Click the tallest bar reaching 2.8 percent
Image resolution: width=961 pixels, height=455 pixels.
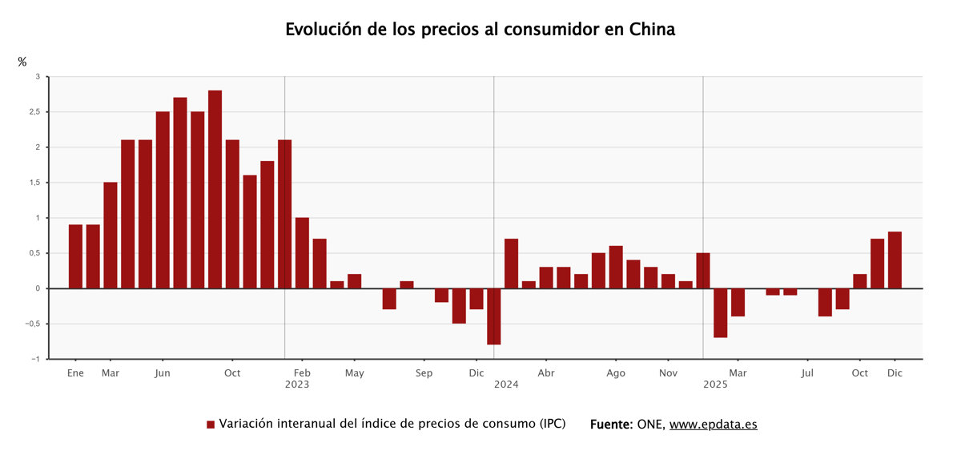(x=215, y=189)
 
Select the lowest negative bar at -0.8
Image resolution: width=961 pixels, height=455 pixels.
(x=493, y=316)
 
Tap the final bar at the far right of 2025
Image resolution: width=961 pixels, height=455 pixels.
(x=895, y=260)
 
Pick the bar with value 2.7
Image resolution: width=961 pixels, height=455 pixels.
(x=180, y=192)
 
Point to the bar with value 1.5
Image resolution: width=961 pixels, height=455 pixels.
(x=111, y=235)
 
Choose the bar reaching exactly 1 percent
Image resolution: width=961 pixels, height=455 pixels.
(x=302, y=252)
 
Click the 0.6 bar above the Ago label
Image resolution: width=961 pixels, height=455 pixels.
(x=616, y=267)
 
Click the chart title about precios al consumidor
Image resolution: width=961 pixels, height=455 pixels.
(x=480, y=30)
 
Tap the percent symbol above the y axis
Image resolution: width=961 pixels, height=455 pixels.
(x=22, y=62)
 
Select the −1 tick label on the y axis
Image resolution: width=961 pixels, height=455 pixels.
(x=34, y=359)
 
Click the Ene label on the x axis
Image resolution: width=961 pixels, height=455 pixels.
(x=75, y=373)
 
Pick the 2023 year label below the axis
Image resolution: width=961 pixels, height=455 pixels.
(x=296, y=385)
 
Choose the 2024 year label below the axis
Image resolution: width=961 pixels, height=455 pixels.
(x=506, y=385)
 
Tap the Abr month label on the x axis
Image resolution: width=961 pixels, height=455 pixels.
(x=546, y=373)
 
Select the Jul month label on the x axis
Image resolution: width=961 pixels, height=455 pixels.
(x=807, y=373)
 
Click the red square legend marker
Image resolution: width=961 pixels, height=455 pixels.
(x=211, y=425)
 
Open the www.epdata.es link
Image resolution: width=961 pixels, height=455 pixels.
(x=713, y=425)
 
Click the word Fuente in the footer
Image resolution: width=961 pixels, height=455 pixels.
(x=610, y=425)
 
